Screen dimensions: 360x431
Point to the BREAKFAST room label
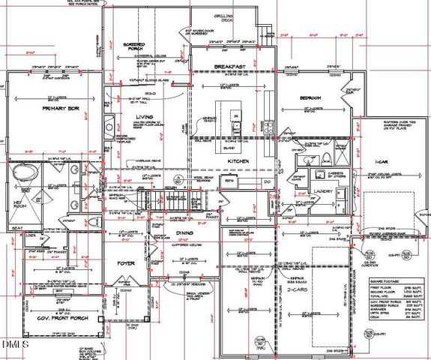pos(230,67)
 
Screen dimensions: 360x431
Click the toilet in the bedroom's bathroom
pos(328,157)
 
